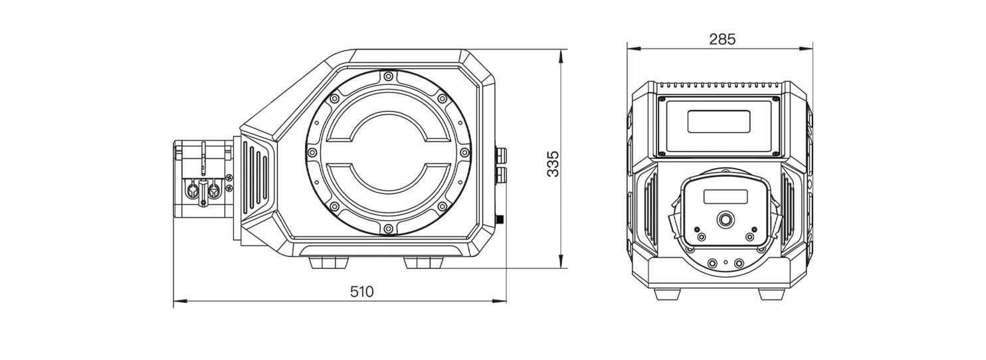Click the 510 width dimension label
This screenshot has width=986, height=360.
pyautogui.click(x=361, y=292)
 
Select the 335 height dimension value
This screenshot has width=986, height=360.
pyautogui.click(x=553, y=163)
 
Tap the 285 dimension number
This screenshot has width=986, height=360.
pyautogui.click(x=722, y=40)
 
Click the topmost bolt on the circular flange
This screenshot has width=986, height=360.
pyautogui.click(x=388, y=76)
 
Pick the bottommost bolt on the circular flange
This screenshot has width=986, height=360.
pyautogui.click(x=388, y=228)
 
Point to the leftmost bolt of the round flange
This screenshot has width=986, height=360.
pyautogui.click(x=312, y=153)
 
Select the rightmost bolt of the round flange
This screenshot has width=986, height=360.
pyautogui.click(x=464, y=153)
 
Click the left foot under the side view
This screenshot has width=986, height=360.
pyautogui.click(x=329, y=263)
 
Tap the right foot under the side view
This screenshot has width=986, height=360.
pyautogui.click(x=423, y=263)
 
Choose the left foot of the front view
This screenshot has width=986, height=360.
pyautogui.click(x=668, y=294)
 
